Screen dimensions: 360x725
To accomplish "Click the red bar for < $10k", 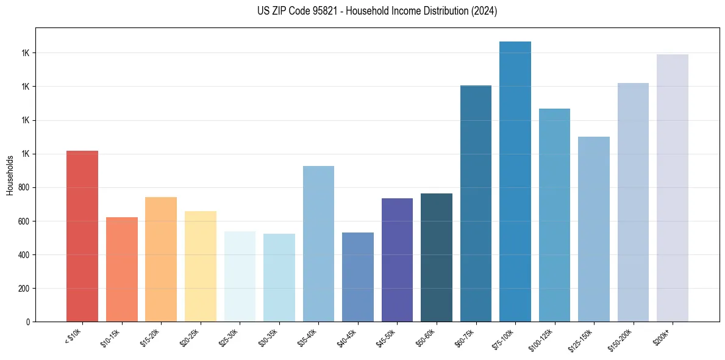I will click(x=82, y=236).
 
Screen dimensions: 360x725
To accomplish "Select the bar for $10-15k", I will click(x=122, y=269).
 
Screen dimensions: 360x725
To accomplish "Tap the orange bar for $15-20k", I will click(x=161, y=259).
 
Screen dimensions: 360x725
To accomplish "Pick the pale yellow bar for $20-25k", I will click(x=201, y=266).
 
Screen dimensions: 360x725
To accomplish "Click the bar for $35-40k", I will click(x=318, y=243).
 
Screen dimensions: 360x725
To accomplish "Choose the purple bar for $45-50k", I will click(x=397, y=260).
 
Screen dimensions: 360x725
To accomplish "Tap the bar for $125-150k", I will click(x=594, y=229).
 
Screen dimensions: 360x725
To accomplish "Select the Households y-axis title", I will click(x=10, y=175).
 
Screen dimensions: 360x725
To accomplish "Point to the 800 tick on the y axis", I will click(x=23, y=187).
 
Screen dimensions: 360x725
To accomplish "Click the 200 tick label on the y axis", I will click(x=23, y=288).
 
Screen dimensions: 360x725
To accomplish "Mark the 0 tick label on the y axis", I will click(x=27, y=322).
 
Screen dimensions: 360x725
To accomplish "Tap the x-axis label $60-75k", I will click(x=468, y=337).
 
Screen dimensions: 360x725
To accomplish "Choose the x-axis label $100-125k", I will click(x=545, y=339).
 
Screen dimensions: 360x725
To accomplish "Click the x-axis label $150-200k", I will click(x=623, y=339).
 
